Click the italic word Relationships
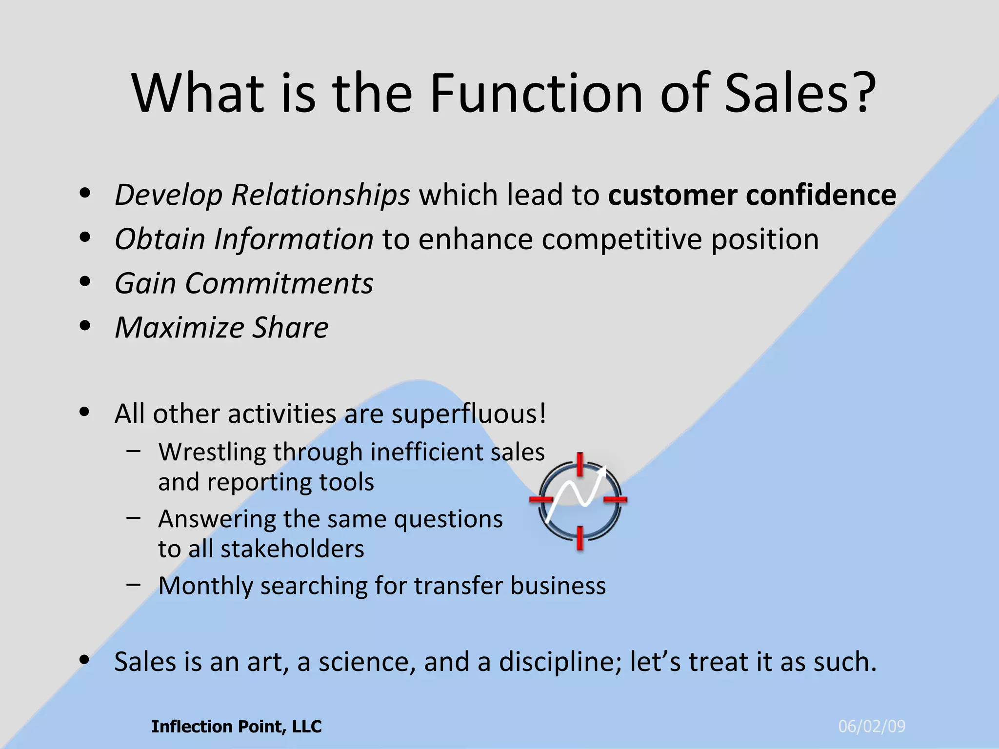pos(320,195)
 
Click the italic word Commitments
pos(279,283)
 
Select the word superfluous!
pos(469,414)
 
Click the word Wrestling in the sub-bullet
pos(211,452)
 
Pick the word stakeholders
pos(292,549)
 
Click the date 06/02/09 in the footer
pos(872,727)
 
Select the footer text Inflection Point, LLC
pos(237,727)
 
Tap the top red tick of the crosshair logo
pos(579,463)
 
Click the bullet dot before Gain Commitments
pos(85,282)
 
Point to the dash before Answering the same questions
pos(133,517)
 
